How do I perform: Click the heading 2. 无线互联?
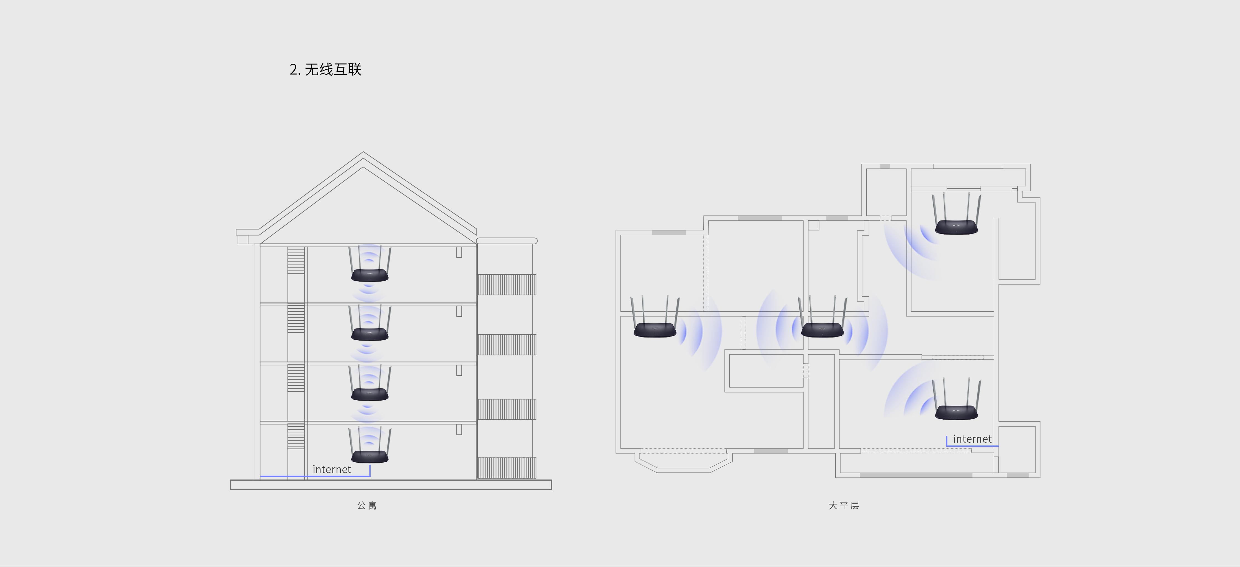[325, 69]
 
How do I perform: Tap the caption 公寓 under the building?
[367, 505]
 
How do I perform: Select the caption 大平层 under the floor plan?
[844, 505]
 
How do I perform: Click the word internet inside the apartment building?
[332, 469]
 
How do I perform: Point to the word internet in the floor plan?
[972, 439]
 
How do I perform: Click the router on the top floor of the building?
[370, 264]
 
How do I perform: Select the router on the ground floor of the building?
[370, 445]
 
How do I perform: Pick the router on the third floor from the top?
[370, 383]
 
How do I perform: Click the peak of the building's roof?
[363, 152]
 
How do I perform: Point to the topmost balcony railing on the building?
[507, 285]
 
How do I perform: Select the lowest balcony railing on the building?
[507, 468]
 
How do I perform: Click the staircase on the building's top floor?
[296, 261]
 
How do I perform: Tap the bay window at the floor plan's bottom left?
[684, 461]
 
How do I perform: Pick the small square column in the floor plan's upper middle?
[813, 225]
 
